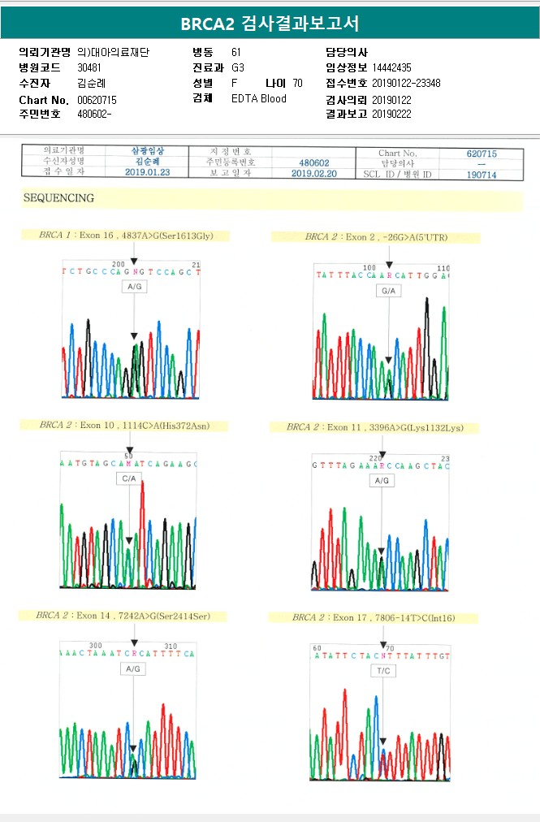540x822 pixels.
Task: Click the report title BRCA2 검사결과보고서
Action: (270, 23)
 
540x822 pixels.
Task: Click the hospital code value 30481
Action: (89, 67)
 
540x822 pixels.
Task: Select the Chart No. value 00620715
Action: (97, 99)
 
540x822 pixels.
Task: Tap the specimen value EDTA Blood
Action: (259, 99)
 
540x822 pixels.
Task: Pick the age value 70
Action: (297, 83)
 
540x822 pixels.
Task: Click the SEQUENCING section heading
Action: (58, 198)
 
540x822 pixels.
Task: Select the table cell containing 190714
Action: (482, 174)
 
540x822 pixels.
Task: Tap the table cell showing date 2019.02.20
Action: (313, 174)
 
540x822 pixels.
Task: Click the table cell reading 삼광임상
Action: (148, 151)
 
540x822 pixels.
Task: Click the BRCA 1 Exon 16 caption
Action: (126, 236)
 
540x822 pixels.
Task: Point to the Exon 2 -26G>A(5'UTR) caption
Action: (376, 237)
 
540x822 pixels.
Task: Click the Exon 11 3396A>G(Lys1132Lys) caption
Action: (374, 427)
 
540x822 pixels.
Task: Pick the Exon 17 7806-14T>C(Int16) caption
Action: (374, 618)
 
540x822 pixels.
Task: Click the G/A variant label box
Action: (388, 290)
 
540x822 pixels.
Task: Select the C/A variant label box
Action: (129, 479)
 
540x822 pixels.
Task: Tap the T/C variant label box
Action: (384, 671)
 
